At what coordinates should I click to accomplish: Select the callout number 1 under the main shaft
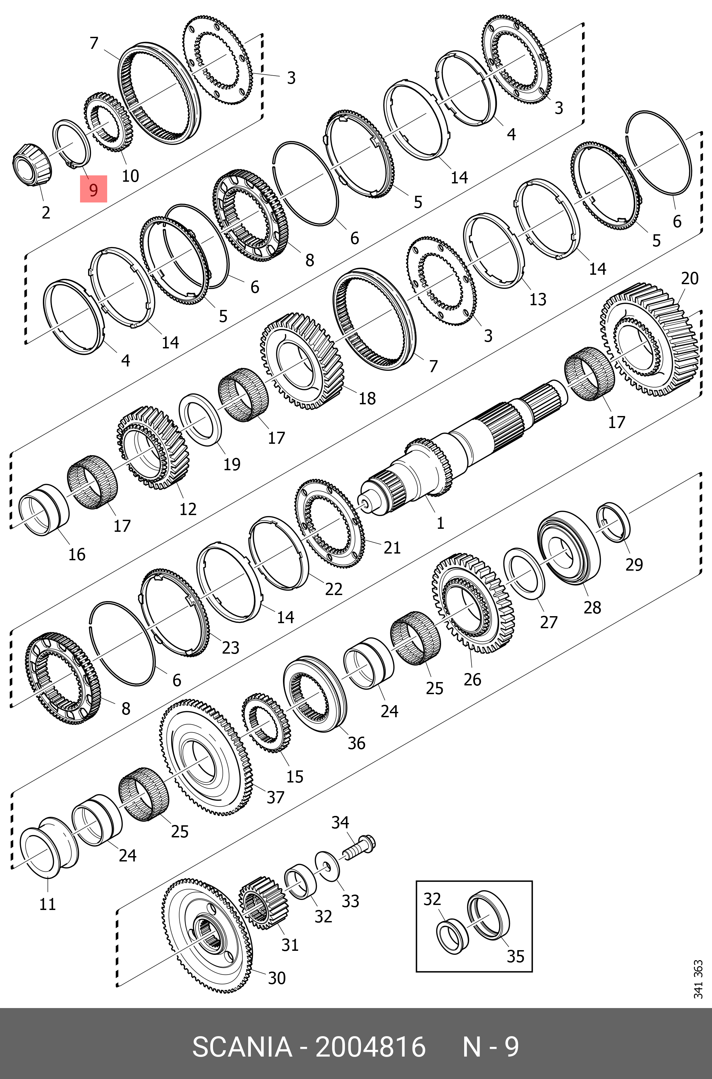click(440, 523)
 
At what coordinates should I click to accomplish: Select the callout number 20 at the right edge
click(689, 278)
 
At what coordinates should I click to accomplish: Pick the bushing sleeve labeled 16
click(44, 510)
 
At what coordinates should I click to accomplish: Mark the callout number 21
click(392, 547)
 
